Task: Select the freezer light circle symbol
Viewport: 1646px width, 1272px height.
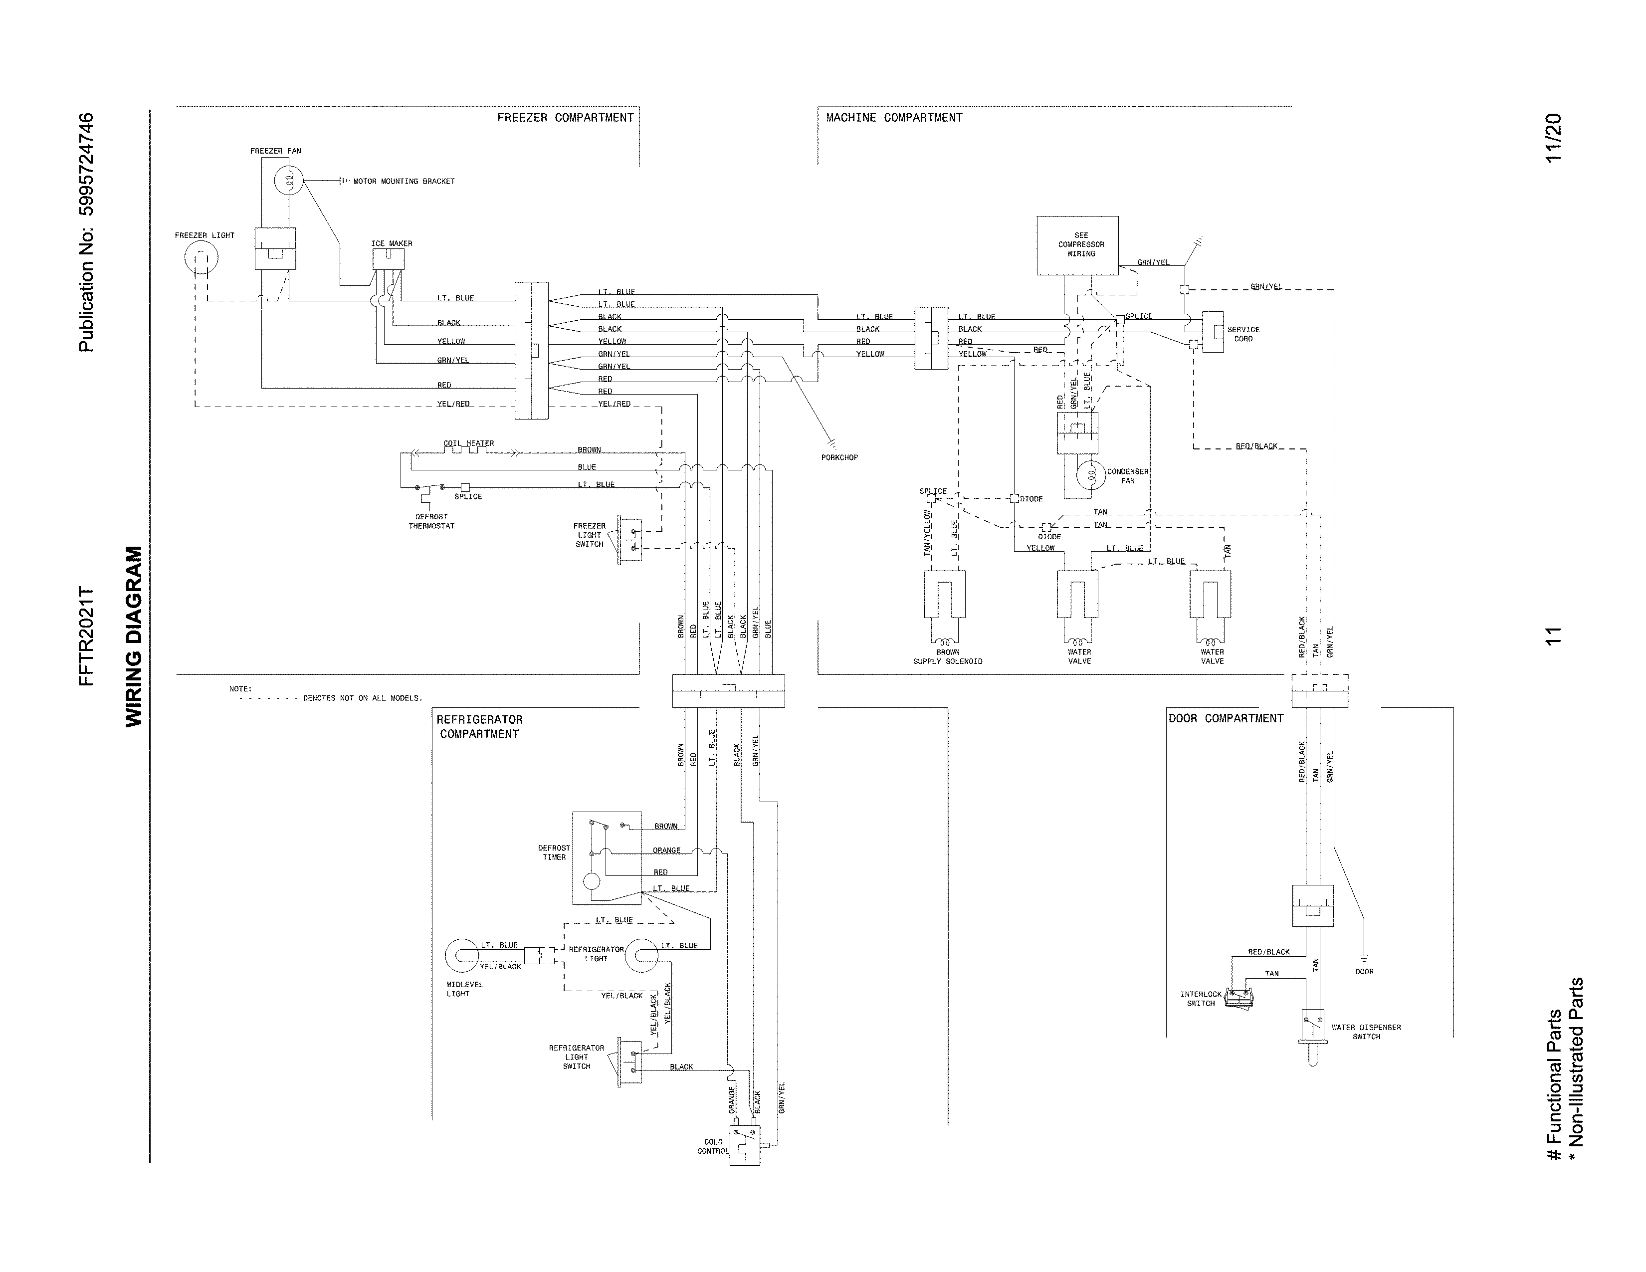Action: click(203, 258)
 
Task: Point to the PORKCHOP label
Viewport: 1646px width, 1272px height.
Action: click(839, 457)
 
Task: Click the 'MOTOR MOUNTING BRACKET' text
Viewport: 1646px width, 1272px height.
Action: click(404, 182)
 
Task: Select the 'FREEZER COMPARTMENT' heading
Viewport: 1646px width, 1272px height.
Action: click(565, 118)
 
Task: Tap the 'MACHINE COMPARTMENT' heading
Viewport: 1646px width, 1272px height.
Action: click(894, 118)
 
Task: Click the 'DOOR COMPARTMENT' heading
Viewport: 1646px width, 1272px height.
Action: click(1226, 718)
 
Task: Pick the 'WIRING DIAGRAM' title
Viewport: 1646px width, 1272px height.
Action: click(133, 637)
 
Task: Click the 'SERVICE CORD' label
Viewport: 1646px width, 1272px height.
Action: click(1243, 334)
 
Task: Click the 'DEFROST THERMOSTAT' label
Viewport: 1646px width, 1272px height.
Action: click(431, 521)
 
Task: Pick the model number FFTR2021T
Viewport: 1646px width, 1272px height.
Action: click(87, 637)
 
